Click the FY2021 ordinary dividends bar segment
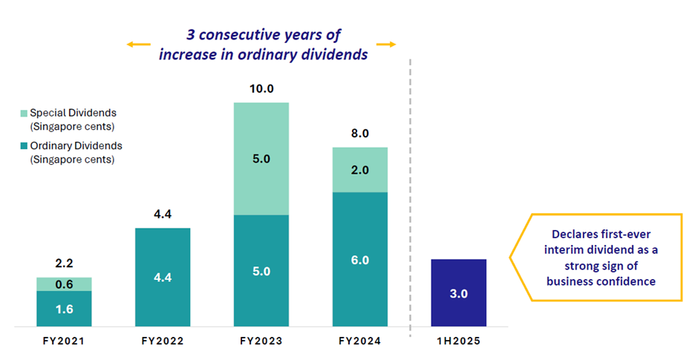[x=64, y=308]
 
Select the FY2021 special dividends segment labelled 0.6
[x=64, y=284]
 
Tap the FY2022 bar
[x=163, y=277]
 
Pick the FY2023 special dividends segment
[x=261, y=158]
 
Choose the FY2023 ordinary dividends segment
[x=261, y=270]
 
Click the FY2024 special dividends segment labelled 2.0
[x=360, y=169]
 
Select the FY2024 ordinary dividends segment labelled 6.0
[x=360, y=259]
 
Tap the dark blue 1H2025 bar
[x=459, y=292]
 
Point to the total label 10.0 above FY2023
[x=261, y=89]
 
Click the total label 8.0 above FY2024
[x=360, y=134]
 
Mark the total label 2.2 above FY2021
[x=64, y=264]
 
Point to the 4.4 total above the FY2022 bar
[x=163, y=215]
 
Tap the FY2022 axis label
[x=163, y=341]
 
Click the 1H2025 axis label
[x=459, y=341]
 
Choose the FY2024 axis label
[x=360, y=341]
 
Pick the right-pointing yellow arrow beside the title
[x=385, y=45]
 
